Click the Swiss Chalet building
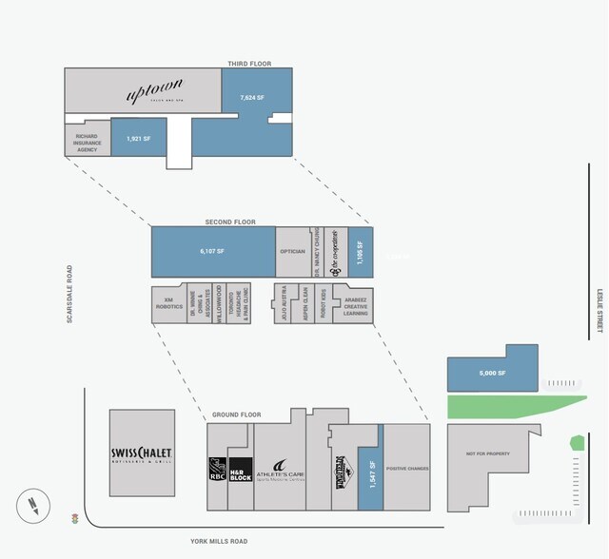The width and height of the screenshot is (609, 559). coord(142,453)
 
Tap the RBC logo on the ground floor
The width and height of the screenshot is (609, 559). coord(217,470)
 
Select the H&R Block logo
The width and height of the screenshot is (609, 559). coord(240,470)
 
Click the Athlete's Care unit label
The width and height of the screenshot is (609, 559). coord(281,470)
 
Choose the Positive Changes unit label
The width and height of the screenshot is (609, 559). coord(406,468)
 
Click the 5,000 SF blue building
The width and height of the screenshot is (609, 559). coord(492,373)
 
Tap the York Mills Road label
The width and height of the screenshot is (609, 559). coord(219,541)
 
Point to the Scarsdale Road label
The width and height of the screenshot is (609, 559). coord(69,294)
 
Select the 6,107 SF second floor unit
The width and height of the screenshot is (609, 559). coord(213,251)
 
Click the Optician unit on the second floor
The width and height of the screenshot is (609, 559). coord(292,251)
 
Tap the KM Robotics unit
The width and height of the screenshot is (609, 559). coord(168,304)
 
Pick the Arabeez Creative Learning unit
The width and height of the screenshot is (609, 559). coord(356,304)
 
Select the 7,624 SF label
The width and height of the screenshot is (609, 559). coord(252,97)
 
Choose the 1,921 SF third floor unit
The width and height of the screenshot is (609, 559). coord(139,139)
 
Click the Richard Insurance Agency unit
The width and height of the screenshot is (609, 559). coord(88,143)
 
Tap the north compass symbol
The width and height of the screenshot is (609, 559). coord(32,504)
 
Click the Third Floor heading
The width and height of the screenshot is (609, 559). coord(249,64)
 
